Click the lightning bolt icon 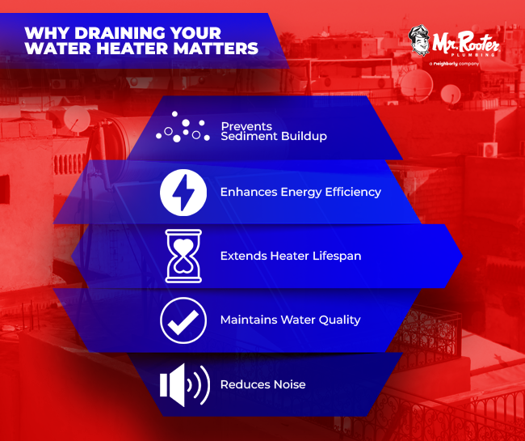click(183, 193)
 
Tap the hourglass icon click(183, 256)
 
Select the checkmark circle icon click(183, 320)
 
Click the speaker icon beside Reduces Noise click(184, 384)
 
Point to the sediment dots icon click(182, 129)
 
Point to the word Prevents click(246, 126)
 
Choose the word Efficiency click(344, 193)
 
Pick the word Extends click(242, 256)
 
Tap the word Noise click(289, 384)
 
